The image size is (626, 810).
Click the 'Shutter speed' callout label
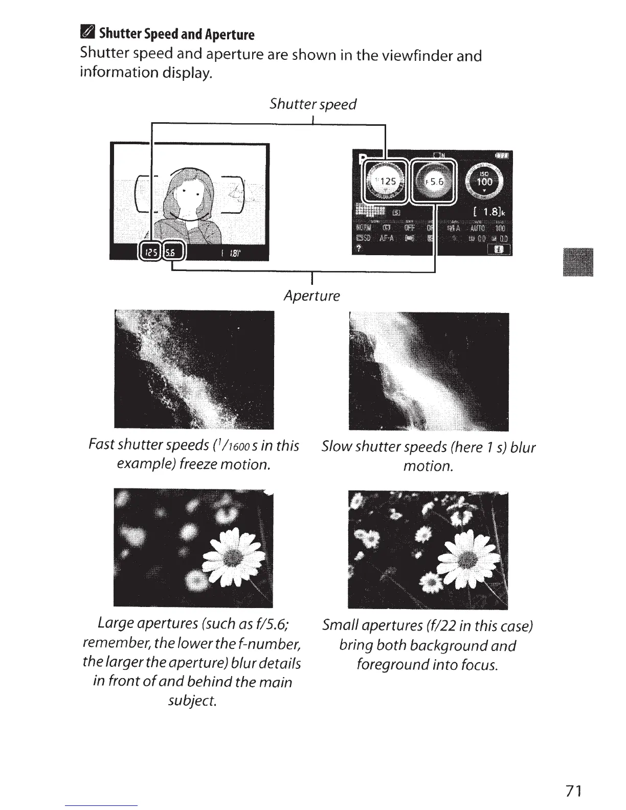pyautogui.click(x=312, y=104)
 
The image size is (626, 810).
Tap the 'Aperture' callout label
pyautogui.click(x=311, y=296)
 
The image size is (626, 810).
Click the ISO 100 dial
pyautogui.click(x=484, y=181)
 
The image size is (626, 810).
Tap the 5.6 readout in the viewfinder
pyautogui.click(x=175, y=252)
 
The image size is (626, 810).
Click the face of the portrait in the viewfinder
pyautogui.click(x=184, y=196)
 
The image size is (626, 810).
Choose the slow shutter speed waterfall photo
pyautogui.click(x=428, y=371)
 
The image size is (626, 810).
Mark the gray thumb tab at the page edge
pyautogui.click(x=577, y=262)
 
